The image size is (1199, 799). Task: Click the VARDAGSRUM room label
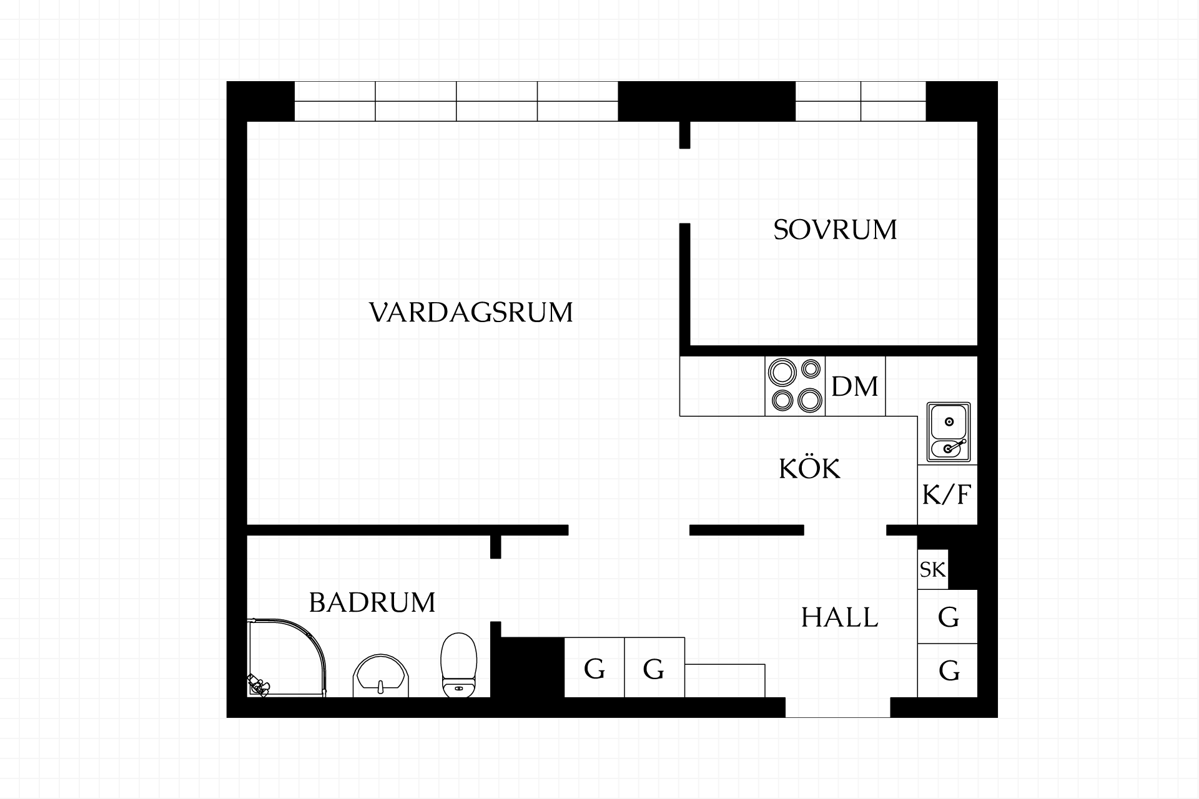click(x=471, y=312)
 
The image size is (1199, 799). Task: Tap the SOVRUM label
click(x=835, y=230)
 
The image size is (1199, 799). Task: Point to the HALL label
click(x=839, y=617)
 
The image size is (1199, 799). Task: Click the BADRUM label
click(x=372, y=602)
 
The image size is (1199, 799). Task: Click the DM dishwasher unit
click(x=855, y=386)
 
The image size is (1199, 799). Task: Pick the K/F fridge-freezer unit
click(x=947, y=495)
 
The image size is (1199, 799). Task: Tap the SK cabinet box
click(x=933, y=569)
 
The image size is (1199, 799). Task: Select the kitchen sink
click(x=949, y=432)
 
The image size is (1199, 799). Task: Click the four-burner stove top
click(x=796, y=386)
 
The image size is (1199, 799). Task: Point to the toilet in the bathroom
click(x=459, y=665)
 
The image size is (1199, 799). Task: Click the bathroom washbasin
click(x=381, y=676)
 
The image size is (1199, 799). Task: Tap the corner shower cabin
click(x=287, y=658)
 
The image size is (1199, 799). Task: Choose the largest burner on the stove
click(x=781, y=373)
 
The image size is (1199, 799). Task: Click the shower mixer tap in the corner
click(x=258, y=686)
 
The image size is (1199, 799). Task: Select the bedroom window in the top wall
click(x=861, y=101)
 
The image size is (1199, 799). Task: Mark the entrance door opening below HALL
click(x=837, y=707)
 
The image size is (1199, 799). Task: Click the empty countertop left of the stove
click(x=723, y=386)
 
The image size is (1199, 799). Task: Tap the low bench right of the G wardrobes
click(x=725, y=680)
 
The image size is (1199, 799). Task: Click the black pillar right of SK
click(x=963, y=562)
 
